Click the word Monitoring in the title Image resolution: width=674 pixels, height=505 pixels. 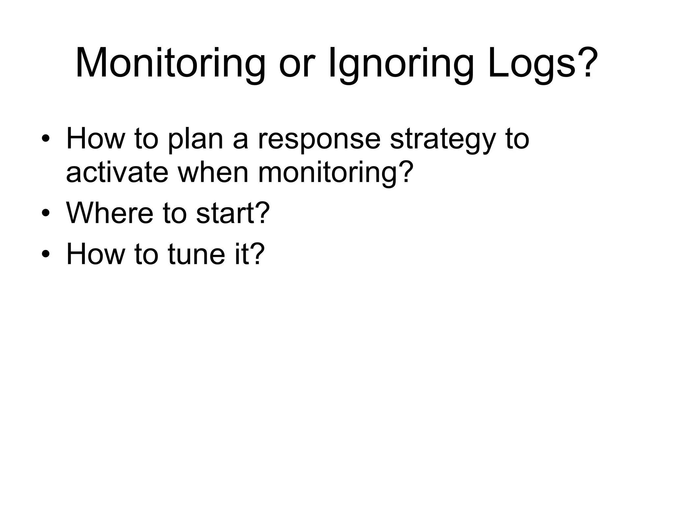pyautogui.click(x=170, y=63)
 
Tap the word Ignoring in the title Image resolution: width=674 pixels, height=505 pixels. pyautogui.click(x=401, y=63)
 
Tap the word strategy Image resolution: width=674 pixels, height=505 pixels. pyautogui.click(x=442, y=139)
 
